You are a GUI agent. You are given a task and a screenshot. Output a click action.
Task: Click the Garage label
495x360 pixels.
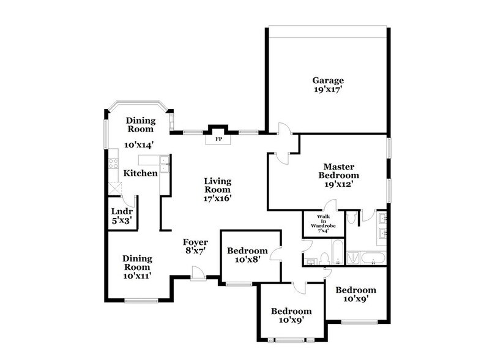coord(328,80)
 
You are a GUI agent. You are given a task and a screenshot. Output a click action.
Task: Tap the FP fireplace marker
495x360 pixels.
coord(218,140)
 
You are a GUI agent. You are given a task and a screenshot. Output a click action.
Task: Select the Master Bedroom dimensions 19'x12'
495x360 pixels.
coord(340,182)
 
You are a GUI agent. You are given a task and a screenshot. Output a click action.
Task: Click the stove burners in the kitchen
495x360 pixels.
coord(113,163)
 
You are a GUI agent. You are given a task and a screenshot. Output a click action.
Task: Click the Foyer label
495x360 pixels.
coord(196,242)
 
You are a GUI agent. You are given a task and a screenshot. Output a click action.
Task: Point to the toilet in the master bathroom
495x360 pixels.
coord(351,218)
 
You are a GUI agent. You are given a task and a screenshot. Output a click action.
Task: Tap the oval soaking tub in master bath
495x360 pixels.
coord(373,258)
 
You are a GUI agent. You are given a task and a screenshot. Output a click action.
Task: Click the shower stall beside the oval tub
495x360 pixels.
coord(353,258)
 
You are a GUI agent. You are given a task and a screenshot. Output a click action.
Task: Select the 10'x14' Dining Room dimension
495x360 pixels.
coord(138,145)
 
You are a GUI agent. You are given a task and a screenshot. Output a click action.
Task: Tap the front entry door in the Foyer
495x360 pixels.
coord(197,272)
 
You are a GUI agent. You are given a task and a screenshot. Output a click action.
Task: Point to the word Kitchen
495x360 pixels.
coord(141,173)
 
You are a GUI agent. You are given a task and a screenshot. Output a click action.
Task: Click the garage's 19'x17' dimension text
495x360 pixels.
coord(328,90)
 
